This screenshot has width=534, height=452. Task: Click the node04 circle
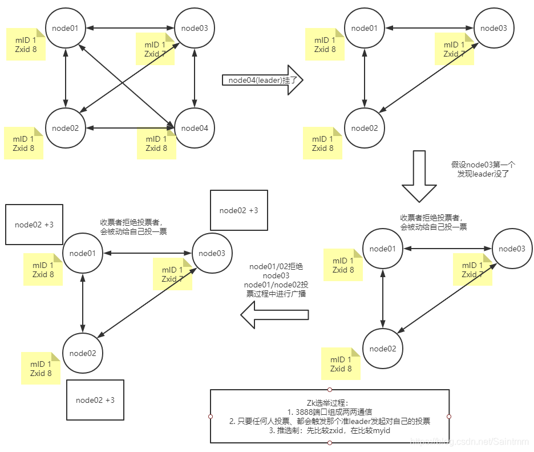pyautogui.click(x=195, y=128)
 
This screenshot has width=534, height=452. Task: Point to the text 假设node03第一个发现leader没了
pyautogui.click(x=483, y=169)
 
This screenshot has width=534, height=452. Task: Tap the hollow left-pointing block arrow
pyautogui.click(x=274, y=315)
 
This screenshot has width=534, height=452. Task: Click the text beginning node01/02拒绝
pyautogui.click(x=276, y=280)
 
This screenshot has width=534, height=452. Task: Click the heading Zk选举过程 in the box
pyautogui.click(x=330, y=402)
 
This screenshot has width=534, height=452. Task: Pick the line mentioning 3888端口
pyautogui.click(x=330, y=411)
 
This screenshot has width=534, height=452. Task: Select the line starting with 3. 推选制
pyautogui.click(x=330, y=430)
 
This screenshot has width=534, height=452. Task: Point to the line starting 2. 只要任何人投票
pyautogui.click(x=330, y=421)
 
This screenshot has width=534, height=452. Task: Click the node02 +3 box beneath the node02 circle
pyautogui.click(x=95, y=399)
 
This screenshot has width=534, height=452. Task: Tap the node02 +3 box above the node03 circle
pyautogui.click(x=238, y=210)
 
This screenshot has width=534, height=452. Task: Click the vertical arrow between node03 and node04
pyautogui.click(x=195, y=78)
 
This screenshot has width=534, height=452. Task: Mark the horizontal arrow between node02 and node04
pyautogui.click(x=131, y=128)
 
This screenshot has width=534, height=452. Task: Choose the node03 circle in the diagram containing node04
pyautogui.click(x=195, y=28)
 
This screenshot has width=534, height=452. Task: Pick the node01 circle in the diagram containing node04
pyautogui.click(x=66, y=28)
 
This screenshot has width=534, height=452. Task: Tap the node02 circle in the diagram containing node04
pyautogui.click(x=66, y=128)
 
